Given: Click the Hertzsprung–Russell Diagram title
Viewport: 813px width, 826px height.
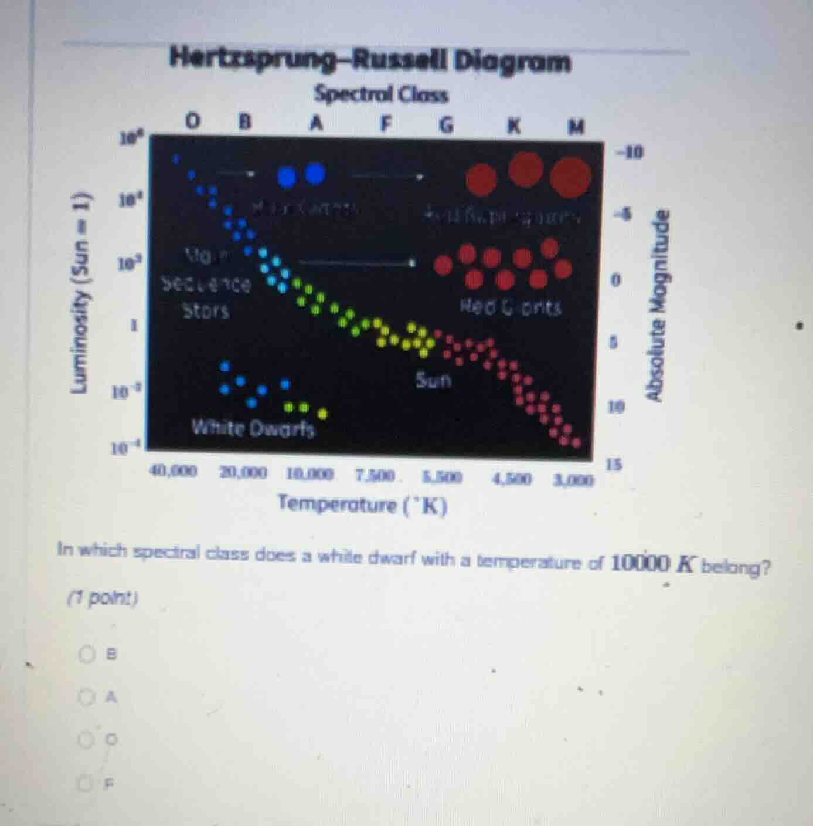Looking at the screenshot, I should pos(369,60).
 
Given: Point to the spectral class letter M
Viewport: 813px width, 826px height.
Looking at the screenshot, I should pos(577,126).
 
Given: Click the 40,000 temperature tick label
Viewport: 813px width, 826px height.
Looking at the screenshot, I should pos(174,470).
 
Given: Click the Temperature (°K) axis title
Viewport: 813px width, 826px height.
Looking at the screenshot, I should pos(363,504).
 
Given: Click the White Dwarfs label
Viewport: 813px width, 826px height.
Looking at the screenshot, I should pos(253,428).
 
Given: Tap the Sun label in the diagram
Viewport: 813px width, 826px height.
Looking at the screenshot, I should pos(434,380).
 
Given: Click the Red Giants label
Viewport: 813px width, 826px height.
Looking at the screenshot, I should pos(511,306).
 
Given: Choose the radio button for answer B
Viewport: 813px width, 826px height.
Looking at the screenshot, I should pos(87,653).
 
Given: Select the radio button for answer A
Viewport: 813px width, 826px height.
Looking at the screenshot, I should pos(87,697).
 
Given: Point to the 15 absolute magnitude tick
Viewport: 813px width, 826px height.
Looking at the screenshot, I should pos(614,465).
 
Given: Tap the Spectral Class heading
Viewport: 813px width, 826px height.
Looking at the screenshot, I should pos(381,94).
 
